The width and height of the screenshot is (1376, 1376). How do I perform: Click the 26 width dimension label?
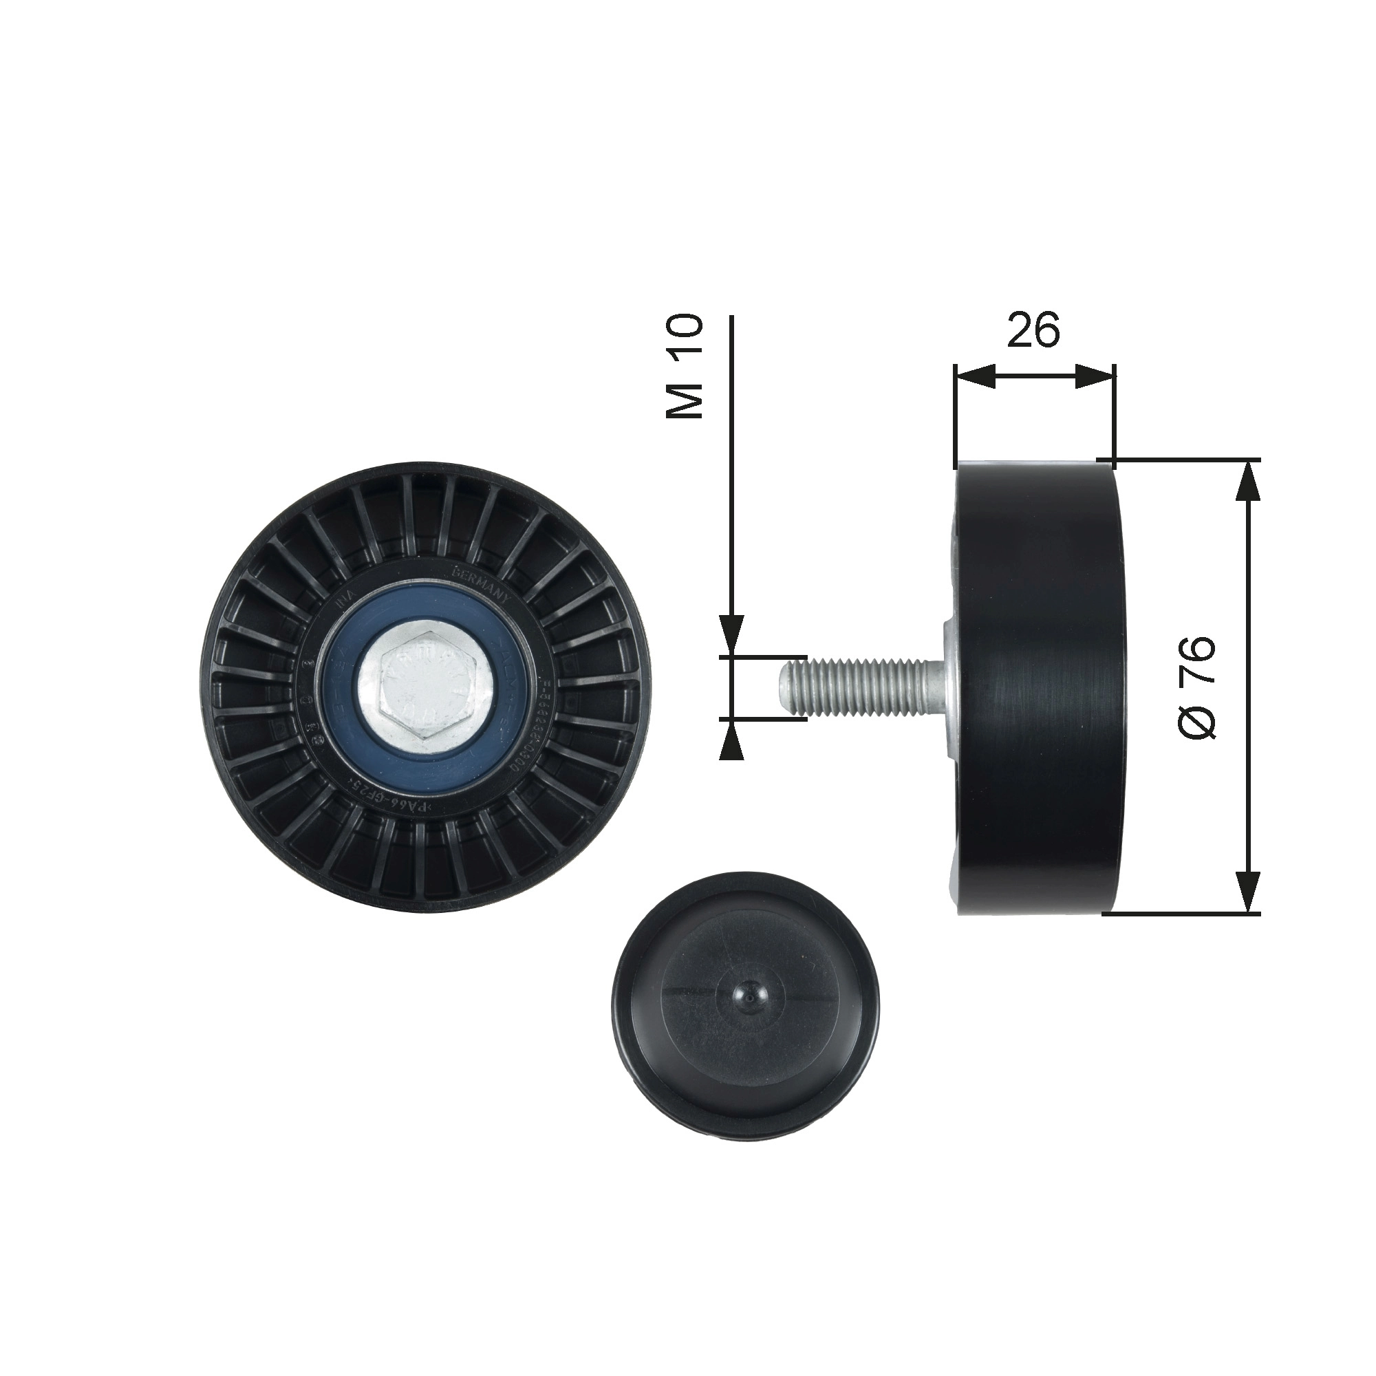coord(1033,329)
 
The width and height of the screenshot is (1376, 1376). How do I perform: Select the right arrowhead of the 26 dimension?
coord(1094,377)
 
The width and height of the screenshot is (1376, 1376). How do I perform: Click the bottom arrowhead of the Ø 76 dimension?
coord(1246,889)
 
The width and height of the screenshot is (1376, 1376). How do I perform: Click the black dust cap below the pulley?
coord(746,997)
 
